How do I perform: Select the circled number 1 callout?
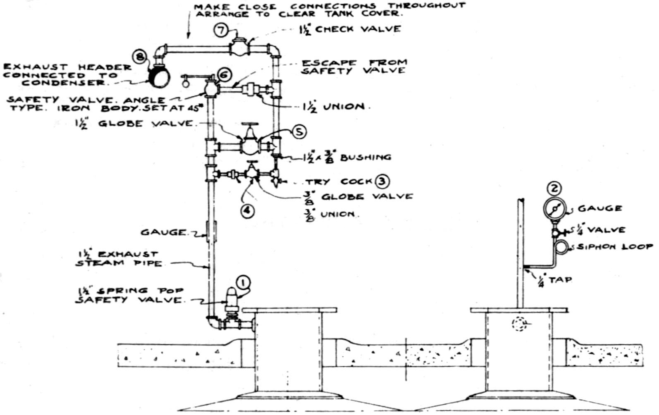tap(243, 283)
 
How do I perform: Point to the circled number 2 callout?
tap(554, 189)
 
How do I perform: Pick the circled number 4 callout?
tap(247, 210)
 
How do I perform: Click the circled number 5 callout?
tap(299, 132)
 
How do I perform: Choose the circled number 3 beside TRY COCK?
tap(382, 181)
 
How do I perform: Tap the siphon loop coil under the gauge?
tap(562, 246)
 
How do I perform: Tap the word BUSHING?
tap(365, 157)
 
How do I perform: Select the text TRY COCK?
tap(338, 182)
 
